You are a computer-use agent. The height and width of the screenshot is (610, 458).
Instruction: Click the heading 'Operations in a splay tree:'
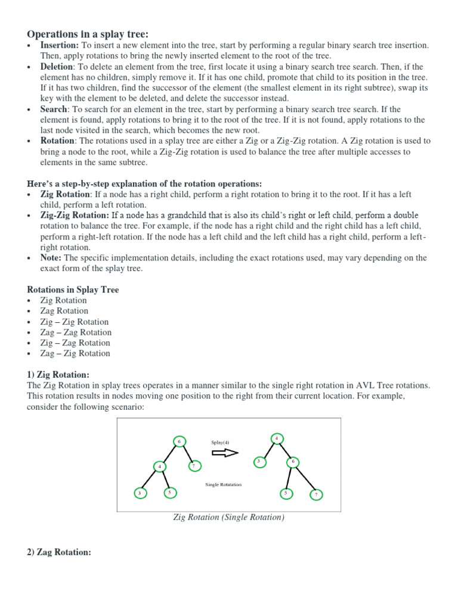coord(89,33)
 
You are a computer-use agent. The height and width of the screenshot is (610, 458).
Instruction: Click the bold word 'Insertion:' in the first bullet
coord(60,45)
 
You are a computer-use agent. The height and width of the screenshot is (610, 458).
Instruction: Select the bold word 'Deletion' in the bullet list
coord(57,67)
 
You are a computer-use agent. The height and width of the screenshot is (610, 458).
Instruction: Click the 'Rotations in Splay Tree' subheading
coord(73,290)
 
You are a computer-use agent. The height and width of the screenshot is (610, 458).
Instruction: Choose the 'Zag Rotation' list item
coord(64,311)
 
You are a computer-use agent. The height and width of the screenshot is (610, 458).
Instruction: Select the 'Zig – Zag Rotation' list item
coord(75,343)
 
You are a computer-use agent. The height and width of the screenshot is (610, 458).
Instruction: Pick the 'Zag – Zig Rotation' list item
coord(75,354)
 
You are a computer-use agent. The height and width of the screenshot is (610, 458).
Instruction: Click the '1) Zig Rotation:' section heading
coord(58,375)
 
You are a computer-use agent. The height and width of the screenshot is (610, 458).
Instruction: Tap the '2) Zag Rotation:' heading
coord(59,552)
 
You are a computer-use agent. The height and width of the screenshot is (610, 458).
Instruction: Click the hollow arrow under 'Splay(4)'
coord(225,452)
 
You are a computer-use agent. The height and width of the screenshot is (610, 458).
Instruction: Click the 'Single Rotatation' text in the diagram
coord(224,485)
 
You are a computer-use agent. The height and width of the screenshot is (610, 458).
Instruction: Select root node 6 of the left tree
coord(179,441)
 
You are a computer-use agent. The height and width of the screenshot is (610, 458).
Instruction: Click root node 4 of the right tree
coord(277,438)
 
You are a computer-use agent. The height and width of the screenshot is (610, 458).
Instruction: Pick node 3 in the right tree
coord(259,462)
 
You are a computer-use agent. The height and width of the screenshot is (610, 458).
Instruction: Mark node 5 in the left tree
coord(169,493)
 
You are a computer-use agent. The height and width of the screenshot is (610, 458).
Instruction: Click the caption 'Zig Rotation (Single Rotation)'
coord(229,518)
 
